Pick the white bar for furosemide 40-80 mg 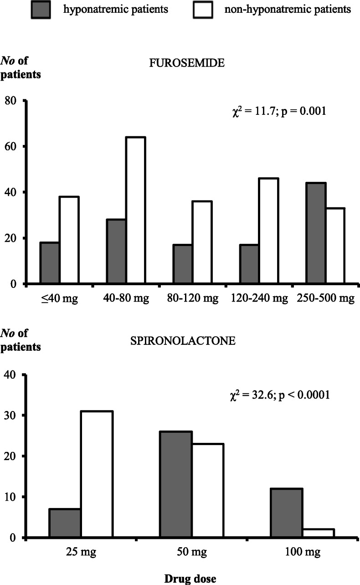click(135, 210)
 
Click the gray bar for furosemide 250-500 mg click(315, 233)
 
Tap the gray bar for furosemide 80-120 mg click(183, 264)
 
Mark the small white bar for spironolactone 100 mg click(319, 533)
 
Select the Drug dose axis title click(190, 578)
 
